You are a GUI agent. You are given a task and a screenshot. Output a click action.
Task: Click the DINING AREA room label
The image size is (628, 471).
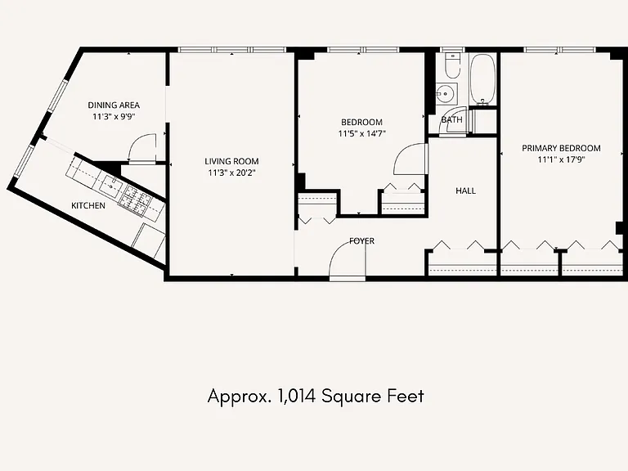[114, 105]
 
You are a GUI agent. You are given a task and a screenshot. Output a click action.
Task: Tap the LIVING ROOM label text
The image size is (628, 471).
[231, 161]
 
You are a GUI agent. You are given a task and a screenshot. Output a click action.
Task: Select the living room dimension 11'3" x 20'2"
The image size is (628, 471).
[231, 173]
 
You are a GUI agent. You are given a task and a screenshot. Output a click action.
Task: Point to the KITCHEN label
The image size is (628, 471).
[88, 206]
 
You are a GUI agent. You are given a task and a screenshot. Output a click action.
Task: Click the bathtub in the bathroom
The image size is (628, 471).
[482, 78]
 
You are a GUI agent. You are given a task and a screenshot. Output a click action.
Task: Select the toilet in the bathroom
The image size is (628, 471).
[452, 66]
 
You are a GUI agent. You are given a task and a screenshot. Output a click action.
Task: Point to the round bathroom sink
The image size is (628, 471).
[446, 94]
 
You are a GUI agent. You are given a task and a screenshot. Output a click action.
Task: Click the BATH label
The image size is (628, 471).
[451, 119]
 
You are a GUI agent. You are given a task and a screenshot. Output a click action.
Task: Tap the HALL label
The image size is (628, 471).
[466, 191]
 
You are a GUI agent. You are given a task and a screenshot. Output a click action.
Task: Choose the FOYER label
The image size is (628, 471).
[361, 241]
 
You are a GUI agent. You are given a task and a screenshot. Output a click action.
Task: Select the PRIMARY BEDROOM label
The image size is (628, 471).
[561, 148]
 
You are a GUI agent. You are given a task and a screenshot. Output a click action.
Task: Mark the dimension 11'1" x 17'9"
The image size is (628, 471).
[561, 159]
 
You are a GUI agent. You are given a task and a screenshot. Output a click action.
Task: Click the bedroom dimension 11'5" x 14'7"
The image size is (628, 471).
[361, 134]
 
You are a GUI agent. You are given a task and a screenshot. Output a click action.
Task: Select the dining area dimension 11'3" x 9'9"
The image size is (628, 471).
[114, 117]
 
